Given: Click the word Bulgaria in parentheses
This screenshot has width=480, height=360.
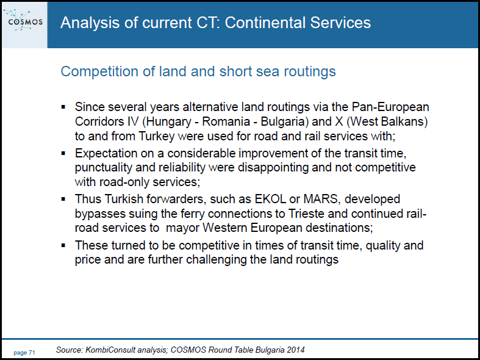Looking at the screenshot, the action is [282, 122].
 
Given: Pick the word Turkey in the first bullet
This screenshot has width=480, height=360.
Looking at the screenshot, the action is [156, 136].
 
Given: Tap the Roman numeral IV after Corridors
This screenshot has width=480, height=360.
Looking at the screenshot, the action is [131, 121].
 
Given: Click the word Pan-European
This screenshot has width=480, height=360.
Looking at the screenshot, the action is [390, 107].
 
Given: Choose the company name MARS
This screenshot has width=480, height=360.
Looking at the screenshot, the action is [321, 199].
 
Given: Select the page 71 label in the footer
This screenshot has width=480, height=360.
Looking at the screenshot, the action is [24, 353].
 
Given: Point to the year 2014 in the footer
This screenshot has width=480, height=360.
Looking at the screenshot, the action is [297, 350].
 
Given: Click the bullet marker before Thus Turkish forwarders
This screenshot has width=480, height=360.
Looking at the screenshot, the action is [63, 200].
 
